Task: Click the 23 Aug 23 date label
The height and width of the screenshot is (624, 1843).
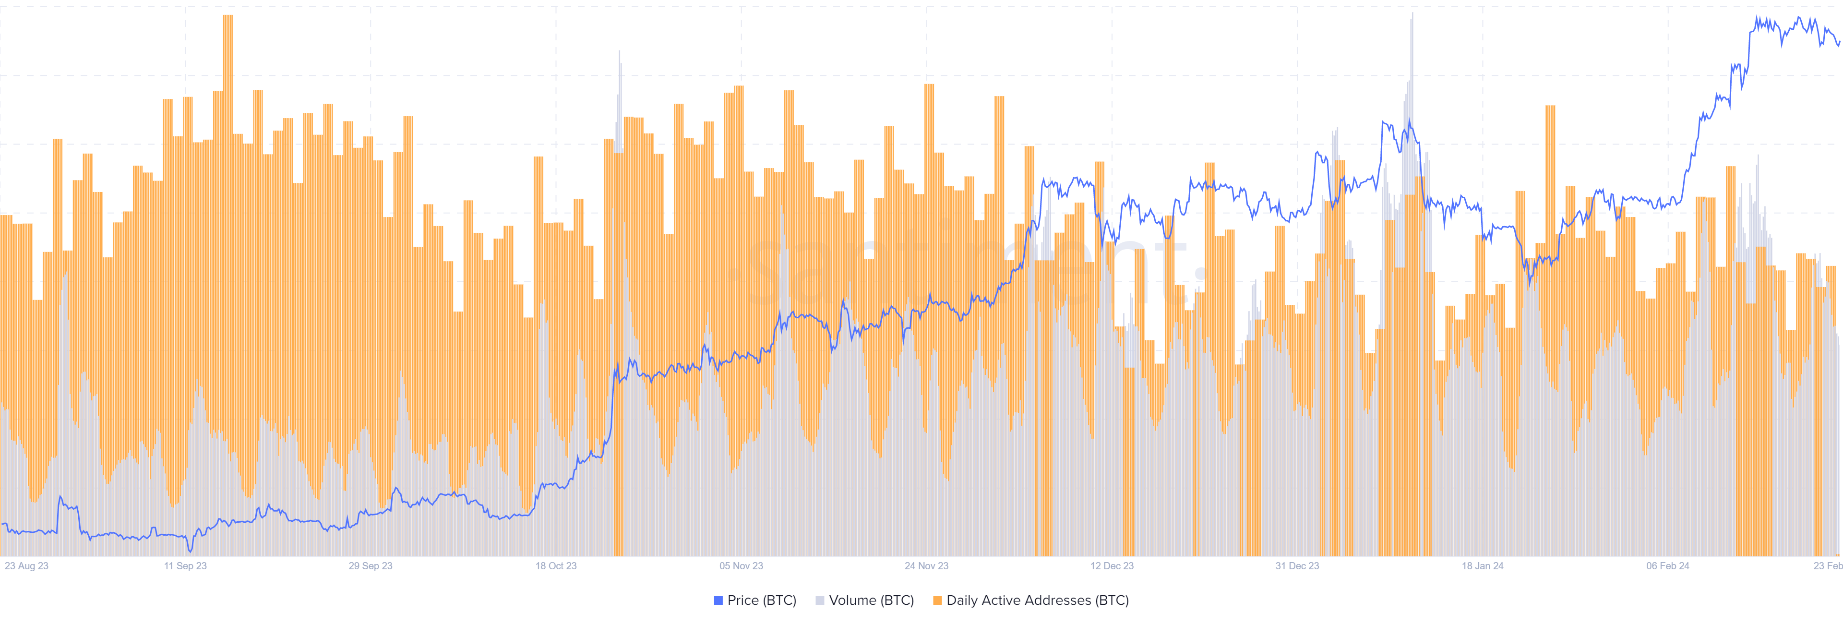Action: [26, 566]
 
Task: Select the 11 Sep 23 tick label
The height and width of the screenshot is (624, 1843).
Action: [185, 566]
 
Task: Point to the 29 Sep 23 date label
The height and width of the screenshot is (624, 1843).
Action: [371, 566]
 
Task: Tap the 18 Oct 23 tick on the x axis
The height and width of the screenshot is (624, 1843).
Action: [556, 566]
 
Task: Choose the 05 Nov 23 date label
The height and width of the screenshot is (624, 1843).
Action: [741, 566]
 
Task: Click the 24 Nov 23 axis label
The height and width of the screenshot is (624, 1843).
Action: [926, 566]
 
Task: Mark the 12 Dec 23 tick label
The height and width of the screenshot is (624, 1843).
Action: [1112, 566]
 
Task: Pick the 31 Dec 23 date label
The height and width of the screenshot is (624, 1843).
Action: [1297, 566]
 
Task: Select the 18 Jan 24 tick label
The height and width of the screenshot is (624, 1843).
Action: [1483, 566]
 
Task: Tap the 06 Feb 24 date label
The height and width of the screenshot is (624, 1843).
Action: [1668, 566]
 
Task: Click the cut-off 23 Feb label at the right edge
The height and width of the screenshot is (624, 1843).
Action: [1828, 566]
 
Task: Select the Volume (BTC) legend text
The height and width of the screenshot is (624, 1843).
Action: [872, 600]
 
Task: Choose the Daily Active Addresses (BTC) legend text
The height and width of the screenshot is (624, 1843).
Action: [1037, 600]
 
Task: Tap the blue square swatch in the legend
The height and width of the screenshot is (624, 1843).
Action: [718, 600]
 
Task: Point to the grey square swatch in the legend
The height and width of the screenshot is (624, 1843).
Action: [820, 600]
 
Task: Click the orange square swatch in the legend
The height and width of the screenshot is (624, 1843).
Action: [937, 600]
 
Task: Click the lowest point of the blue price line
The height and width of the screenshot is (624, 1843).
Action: [191, 550]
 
